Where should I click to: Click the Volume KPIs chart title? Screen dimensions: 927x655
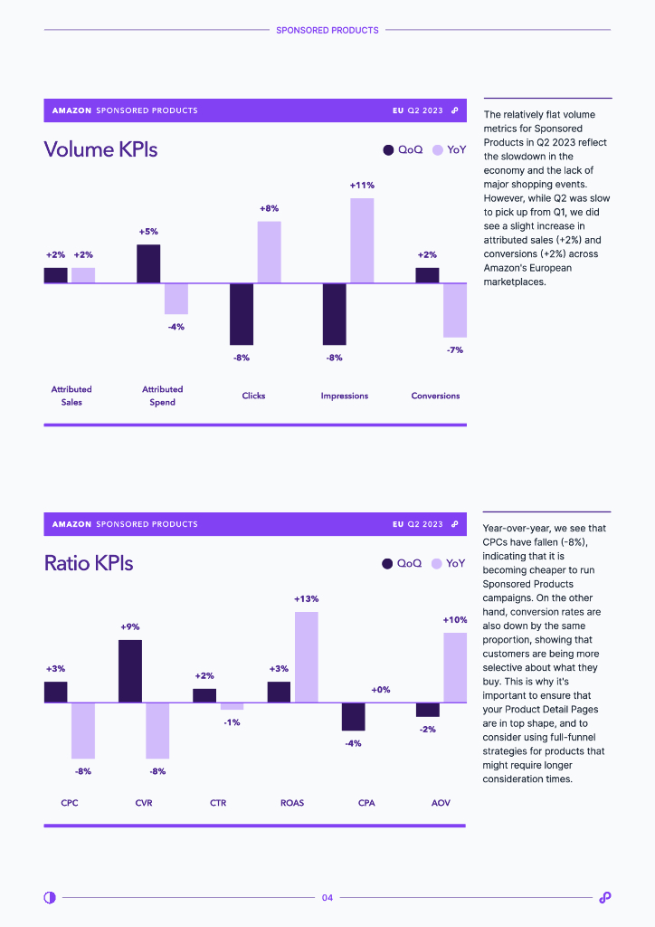coord(100,149)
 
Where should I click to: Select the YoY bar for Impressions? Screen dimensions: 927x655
coord(362,241)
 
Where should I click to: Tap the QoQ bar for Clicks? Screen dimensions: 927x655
coord(242,314)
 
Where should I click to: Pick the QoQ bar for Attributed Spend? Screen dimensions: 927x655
coord(148,264)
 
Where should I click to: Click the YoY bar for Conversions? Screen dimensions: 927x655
coord(454,311)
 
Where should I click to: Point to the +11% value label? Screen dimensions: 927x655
coord(362,186)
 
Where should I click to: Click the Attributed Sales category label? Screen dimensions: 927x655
coord(71,396)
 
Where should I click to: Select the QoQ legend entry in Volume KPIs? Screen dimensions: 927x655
coord(403,149)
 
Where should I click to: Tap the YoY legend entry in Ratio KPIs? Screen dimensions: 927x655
coord(448,563)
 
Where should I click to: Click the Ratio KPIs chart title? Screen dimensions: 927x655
coord(89,563)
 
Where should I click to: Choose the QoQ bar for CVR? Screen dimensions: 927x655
coord(130,672)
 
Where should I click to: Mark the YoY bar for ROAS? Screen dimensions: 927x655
coord(306,657)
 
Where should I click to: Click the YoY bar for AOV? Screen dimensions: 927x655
coord(455,668)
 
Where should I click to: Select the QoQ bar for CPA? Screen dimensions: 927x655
coord(353,717)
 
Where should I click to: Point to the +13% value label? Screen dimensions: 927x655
coord(306,598)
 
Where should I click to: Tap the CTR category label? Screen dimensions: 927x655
coord(218,803)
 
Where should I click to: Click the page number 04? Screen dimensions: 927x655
coord(327,898)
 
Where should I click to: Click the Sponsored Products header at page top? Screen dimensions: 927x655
coord(327,30)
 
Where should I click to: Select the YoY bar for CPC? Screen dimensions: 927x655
coord(83,731)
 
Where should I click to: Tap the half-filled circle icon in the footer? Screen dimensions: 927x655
coord(50,897)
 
